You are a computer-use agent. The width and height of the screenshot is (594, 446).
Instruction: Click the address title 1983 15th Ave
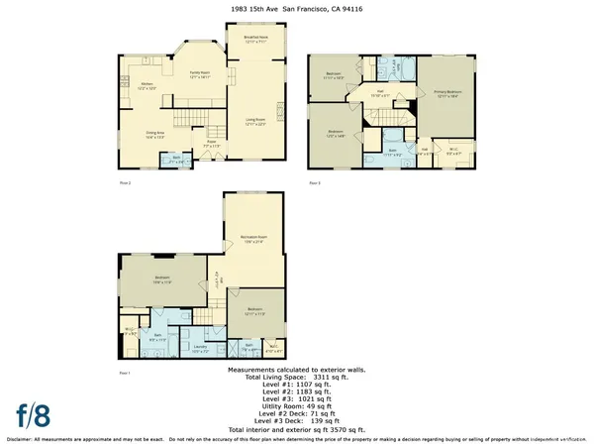tap(297, 8)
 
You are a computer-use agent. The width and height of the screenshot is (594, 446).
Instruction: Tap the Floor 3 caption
tap(315, 184)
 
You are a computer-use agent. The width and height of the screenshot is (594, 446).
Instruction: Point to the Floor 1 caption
tap(124, 372)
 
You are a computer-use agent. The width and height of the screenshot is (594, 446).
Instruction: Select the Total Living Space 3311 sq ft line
tap(297, 378)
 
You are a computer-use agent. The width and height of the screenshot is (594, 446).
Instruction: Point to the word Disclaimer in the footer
tap(24, 439)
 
